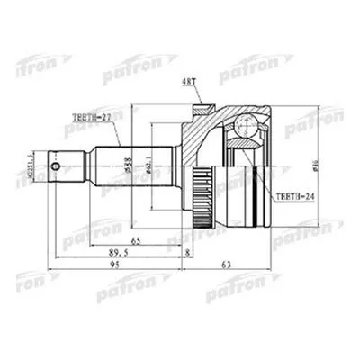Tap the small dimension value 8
[186, 254]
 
